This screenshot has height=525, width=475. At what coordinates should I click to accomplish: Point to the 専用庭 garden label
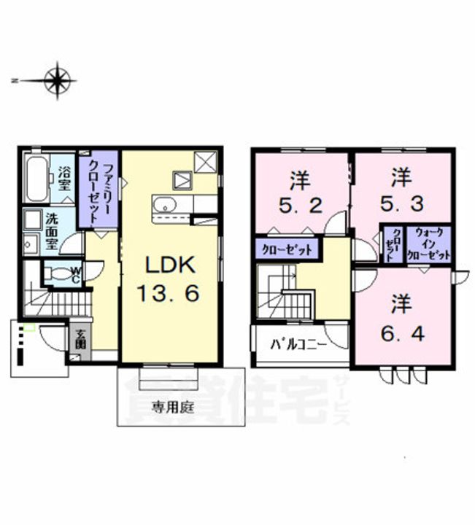[172, 408]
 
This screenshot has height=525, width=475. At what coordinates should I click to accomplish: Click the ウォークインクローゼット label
[429, 244]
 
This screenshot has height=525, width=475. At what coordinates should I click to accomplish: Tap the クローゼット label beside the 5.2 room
[287, 249]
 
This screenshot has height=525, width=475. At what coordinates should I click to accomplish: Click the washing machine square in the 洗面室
[31, 219]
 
